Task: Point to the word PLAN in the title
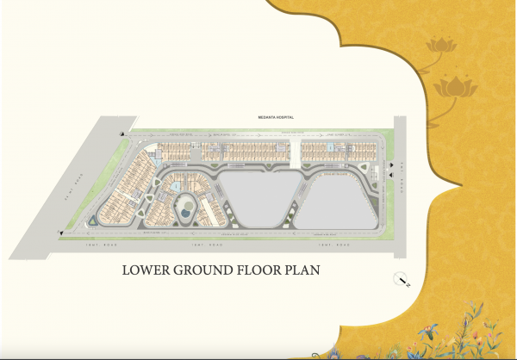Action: coord(302,270)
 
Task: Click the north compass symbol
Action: coord(401,279)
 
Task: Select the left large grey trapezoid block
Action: coord(257,196)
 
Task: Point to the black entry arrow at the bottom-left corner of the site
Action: coord(60,232)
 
